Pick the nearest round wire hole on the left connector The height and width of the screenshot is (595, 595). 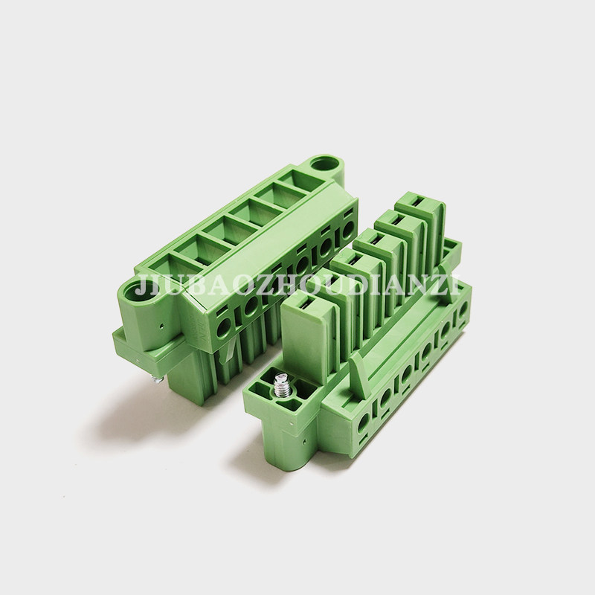click(x=224, y=326)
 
